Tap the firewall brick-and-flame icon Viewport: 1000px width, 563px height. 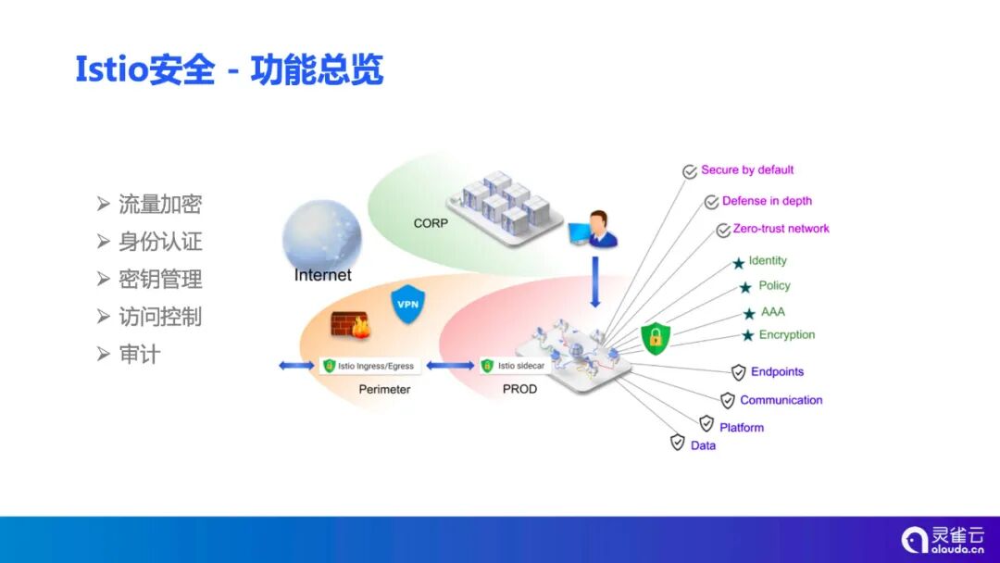(350, 325)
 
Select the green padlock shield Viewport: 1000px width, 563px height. (656, 338)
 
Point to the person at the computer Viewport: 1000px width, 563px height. (596, 230)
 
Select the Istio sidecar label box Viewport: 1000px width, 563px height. (513, 366)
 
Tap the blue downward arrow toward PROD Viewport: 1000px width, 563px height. (595, 281)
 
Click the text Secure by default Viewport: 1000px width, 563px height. (747, 170)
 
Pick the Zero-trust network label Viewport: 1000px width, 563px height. (781, 229)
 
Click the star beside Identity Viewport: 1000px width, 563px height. (739, 263)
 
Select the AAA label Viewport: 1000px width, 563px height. (772, 312)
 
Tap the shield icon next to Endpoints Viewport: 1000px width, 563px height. (739, 372)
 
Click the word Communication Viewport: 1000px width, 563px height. (781, 400)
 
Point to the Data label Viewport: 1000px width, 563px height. (703, 445)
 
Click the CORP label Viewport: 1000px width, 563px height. (431, 223)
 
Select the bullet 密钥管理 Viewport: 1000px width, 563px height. (159, 280)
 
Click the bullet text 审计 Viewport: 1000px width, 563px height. (139, 355)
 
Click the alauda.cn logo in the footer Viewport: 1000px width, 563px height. (944, 539)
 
